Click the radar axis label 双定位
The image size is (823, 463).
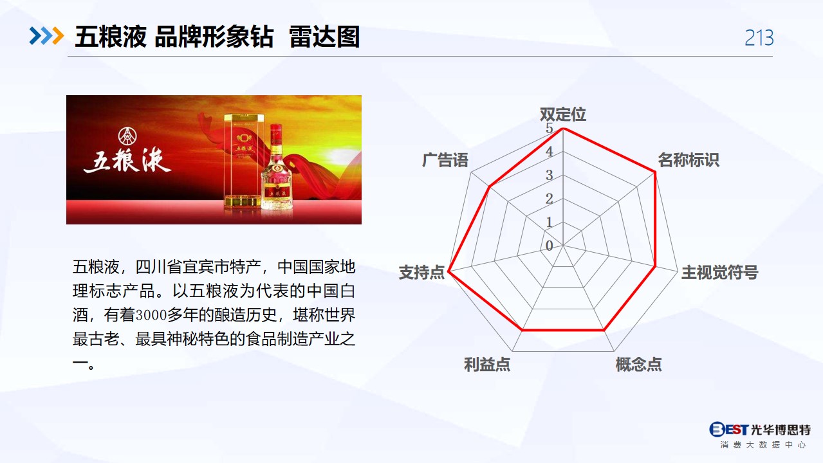(x=562, y=114)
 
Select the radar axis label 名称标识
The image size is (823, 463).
(x=688, y=160)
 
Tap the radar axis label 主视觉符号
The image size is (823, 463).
(x=719, y=273)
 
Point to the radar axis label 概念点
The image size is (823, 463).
(x=638, y=364)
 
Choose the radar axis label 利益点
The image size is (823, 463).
(x=487, y=364)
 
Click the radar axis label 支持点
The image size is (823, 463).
(x=421, y=273)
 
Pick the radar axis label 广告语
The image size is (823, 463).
(x=445, y=160)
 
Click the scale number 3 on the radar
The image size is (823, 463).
(x=550, y=175)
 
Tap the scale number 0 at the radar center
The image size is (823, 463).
(x=550, y=246)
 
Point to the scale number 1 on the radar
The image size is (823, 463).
(x=550, y=222)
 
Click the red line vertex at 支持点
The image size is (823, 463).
(x=448, y=272)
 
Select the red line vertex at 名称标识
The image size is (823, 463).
(x=654, y=172)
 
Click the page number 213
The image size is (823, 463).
(x=759, y=38)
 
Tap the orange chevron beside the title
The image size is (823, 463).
(x=58, y=36)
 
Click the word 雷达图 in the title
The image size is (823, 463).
(x=324, y=37)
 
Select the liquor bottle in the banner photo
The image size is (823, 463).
(x=276, y=167)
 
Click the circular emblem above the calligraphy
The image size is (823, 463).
(x=127, y=136)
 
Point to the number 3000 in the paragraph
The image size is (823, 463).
(x=151, y=315)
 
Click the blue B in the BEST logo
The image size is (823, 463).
(x=717, y=429)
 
